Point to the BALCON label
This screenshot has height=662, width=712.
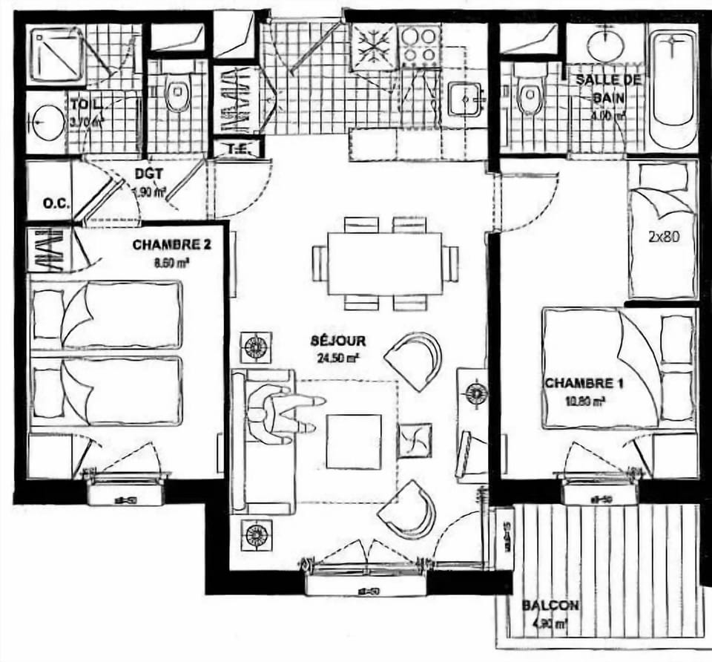click(x=550, y=606)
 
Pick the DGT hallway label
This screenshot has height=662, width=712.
click(x=149, y=176)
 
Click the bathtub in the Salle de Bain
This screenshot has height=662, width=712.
click(x=673, y=89)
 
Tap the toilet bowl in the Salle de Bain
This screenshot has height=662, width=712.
click(x=530, y=96)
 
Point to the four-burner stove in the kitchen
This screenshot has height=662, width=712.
click(x=421, y=46)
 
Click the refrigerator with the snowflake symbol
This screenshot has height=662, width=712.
click(x=374, y=47)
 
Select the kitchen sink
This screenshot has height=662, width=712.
click(x=467, y=99)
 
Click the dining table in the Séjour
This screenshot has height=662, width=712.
click(x=384, y=264)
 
